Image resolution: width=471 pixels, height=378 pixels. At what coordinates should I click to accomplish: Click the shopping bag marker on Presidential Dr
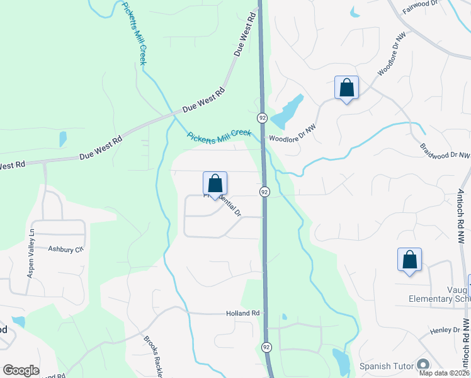[x=215, y=184]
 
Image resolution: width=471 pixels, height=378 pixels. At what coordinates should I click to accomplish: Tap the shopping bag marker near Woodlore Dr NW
[x=346, y=88]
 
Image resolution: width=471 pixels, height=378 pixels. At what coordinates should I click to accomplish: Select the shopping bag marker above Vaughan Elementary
[x=409, y=260]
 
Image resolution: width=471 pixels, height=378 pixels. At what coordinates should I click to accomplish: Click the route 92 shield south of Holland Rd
[x=266, y=348]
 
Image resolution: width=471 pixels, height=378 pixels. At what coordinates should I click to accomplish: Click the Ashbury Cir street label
[x=65, y=249]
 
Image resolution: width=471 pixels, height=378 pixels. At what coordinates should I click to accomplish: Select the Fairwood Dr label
[x=419, y=10]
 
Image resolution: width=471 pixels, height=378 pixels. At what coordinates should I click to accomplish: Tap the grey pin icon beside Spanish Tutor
[x=423, y=365]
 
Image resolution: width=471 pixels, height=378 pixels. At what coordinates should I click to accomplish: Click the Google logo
[x=21, y=370]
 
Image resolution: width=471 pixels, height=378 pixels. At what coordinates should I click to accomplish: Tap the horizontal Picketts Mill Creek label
[x=219, y=134]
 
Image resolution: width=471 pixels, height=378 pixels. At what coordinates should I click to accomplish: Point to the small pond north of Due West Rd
[x=62, y=139]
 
